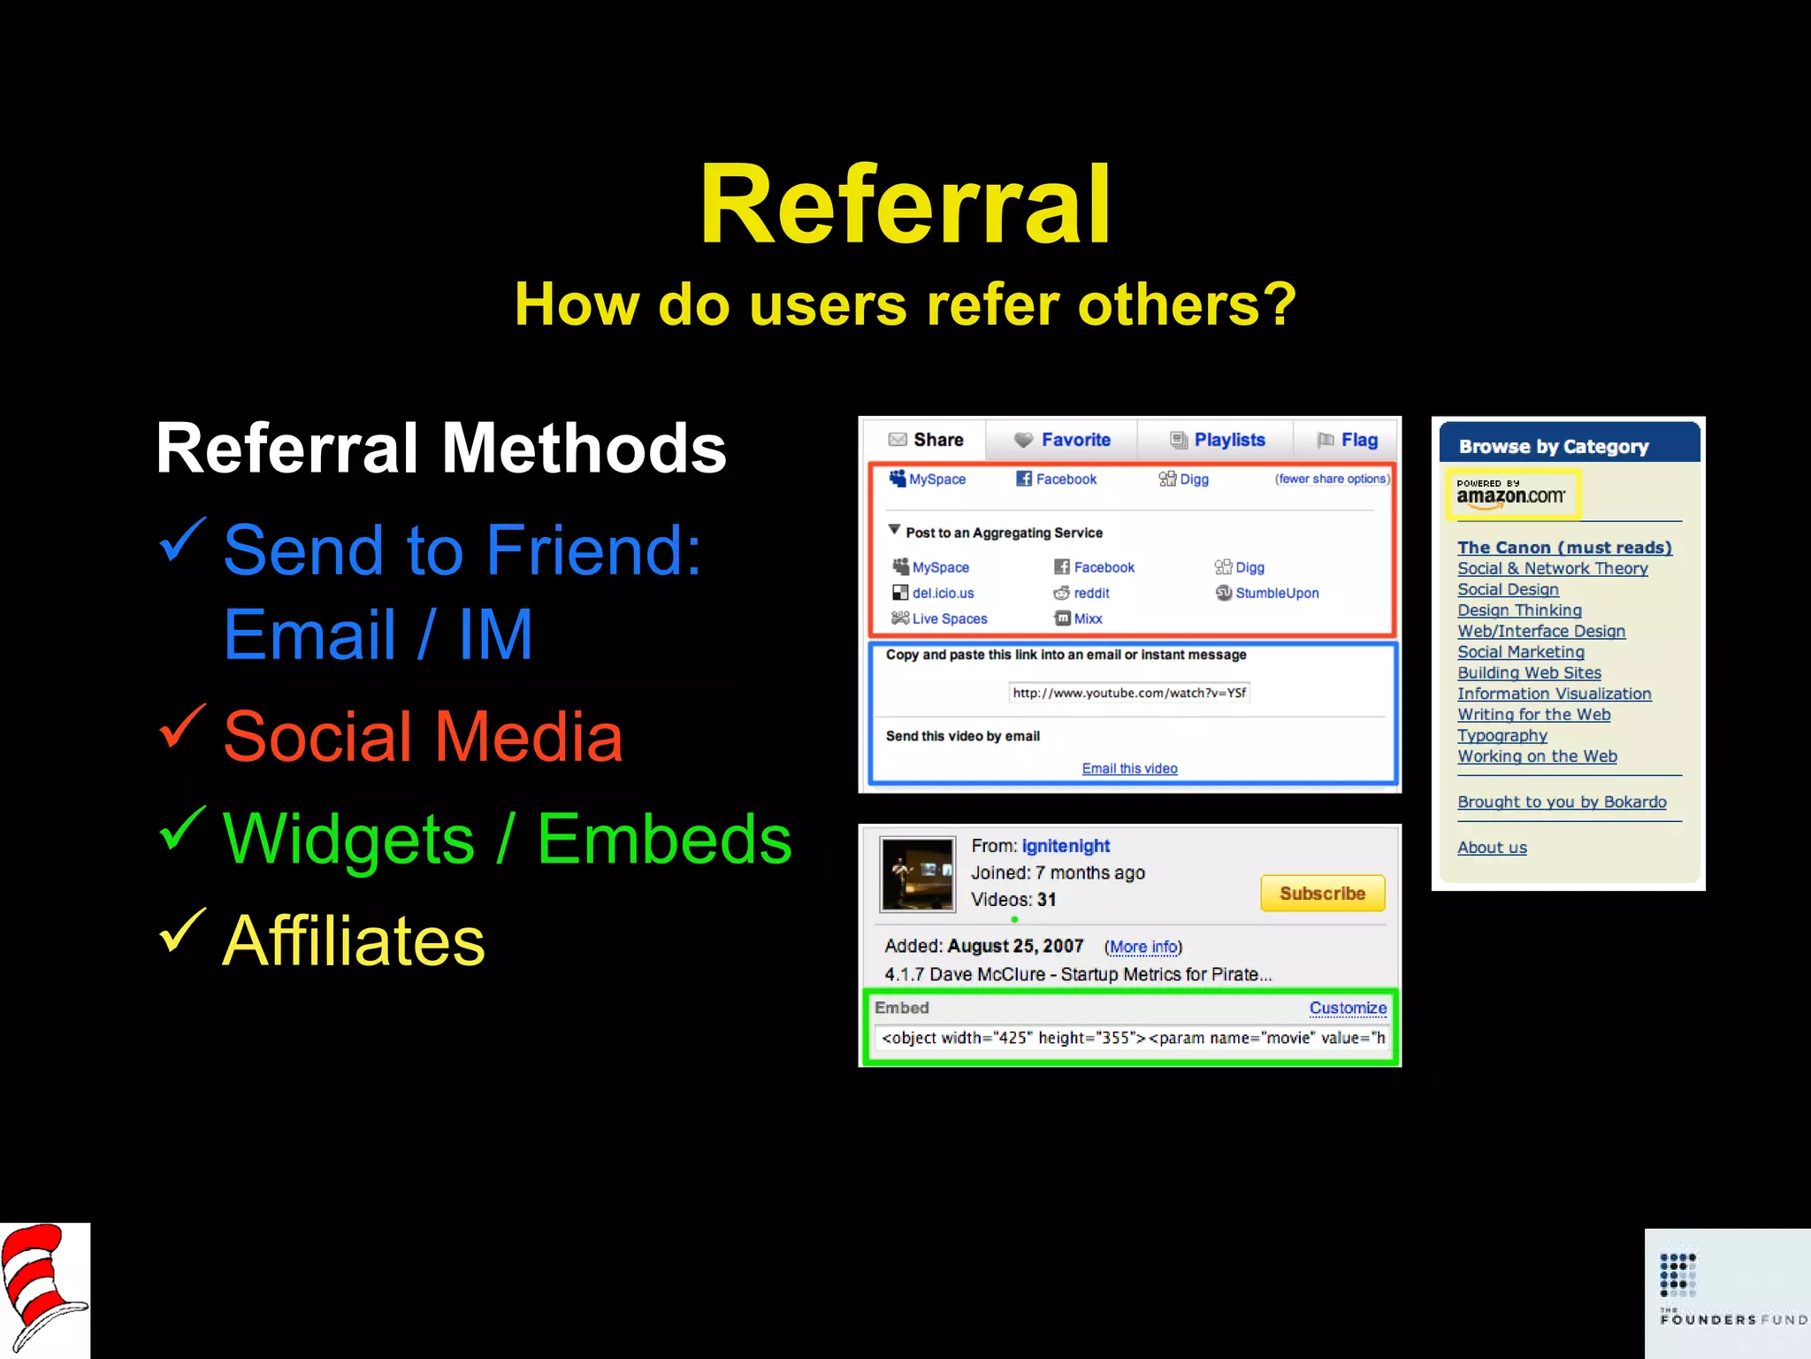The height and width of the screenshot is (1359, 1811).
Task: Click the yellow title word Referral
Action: [x=905, y=205]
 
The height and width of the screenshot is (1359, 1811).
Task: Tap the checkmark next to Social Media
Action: [x=183, y=727]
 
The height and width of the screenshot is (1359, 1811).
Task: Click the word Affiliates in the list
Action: [x=354, y=941]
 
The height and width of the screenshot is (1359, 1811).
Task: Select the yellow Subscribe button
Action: [x=1322, y=894]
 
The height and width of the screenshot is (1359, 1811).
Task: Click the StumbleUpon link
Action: [x=1276, y=593]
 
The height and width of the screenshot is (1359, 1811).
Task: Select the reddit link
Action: [x=1090, y=593]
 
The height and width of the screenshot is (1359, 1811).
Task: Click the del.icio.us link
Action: [x=943, y=593]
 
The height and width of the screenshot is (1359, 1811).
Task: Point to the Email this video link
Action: [x=1129, y=768]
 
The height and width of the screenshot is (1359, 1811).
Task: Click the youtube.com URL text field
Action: [x=1129, y=693]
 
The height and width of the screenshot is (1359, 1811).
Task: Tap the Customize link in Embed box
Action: [x=1348, y=1008]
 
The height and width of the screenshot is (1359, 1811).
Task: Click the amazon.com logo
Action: [x=1511, y=495]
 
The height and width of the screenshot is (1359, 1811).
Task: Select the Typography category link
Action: [x=1502, y=735]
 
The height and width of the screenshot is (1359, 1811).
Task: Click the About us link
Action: [x=1492, y=848]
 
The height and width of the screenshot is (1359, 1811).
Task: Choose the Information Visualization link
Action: [x=1554, y=694]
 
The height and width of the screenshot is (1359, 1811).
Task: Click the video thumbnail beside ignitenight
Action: [x=918, y=874]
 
